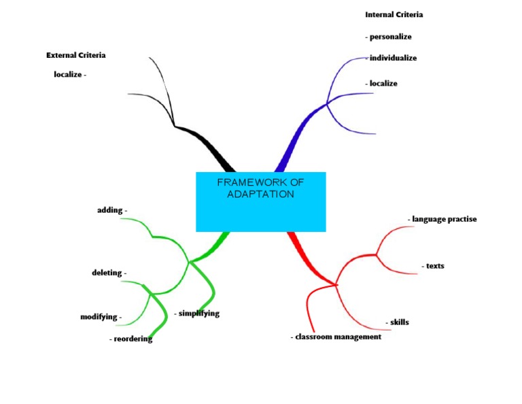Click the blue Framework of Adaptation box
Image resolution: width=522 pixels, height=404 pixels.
tap(260, 202)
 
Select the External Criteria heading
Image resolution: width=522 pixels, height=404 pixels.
tap(75, 55)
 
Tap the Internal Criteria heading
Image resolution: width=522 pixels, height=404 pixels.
tap(394, 14)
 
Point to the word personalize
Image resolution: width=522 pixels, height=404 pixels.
tap(389, 37)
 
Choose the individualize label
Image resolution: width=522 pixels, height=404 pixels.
tap(392, 58)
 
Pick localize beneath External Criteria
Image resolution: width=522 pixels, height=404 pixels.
tap(69, 75)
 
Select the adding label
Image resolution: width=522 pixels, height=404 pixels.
tap(111, 211)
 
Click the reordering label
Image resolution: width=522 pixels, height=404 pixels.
tap(132, 339)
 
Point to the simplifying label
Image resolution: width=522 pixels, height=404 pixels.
tap(198, 314)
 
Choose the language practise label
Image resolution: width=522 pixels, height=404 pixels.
tap(443, 220)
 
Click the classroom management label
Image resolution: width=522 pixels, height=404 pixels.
tap(337, 337)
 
